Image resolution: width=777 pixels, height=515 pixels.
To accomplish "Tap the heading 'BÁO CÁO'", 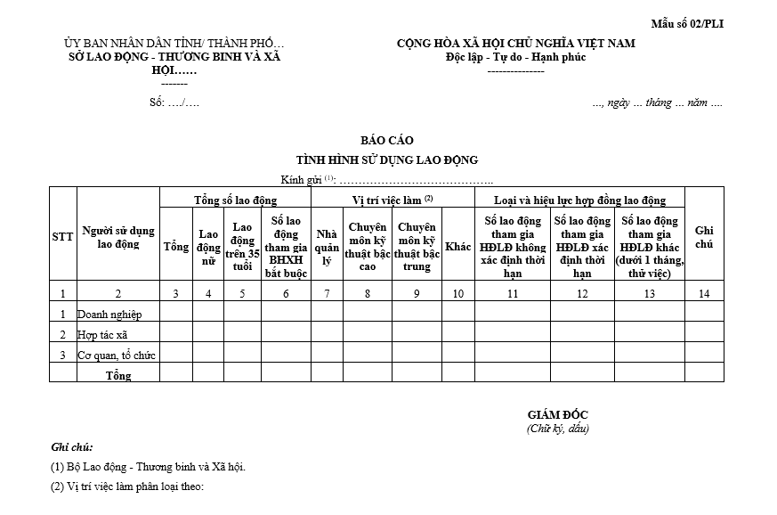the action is point(387,141).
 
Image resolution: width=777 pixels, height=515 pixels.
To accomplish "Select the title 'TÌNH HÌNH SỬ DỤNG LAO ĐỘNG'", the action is point(387,160).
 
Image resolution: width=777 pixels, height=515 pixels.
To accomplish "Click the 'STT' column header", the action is point(62,237).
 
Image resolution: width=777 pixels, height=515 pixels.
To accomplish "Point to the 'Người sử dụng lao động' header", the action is point(118,237).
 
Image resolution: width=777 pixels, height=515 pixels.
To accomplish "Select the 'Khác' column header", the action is point(458,247).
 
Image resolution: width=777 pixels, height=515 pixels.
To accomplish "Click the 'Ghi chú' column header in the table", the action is point(704,237).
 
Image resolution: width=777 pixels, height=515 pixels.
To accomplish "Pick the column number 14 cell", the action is point(704,294).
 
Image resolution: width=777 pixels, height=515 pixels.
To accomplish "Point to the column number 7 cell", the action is point(326,294).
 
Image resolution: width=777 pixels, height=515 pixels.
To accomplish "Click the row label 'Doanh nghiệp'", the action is point(109,314).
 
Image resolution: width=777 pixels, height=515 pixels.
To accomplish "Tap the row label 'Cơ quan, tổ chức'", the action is point(117,356).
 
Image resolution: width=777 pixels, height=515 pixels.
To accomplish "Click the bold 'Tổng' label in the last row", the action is point(118,375).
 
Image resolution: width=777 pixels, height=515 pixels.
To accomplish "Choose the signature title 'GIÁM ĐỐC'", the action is point(557,415).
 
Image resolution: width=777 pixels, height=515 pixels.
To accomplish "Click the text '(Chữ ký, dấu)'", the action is point(557,429).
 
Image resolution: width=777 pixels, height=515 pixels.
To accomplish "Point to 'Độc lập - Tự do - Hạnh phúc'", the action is point(515,57).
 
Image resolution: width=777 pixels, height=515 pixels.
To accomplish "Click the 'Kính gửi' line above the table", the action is point(356,180).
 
